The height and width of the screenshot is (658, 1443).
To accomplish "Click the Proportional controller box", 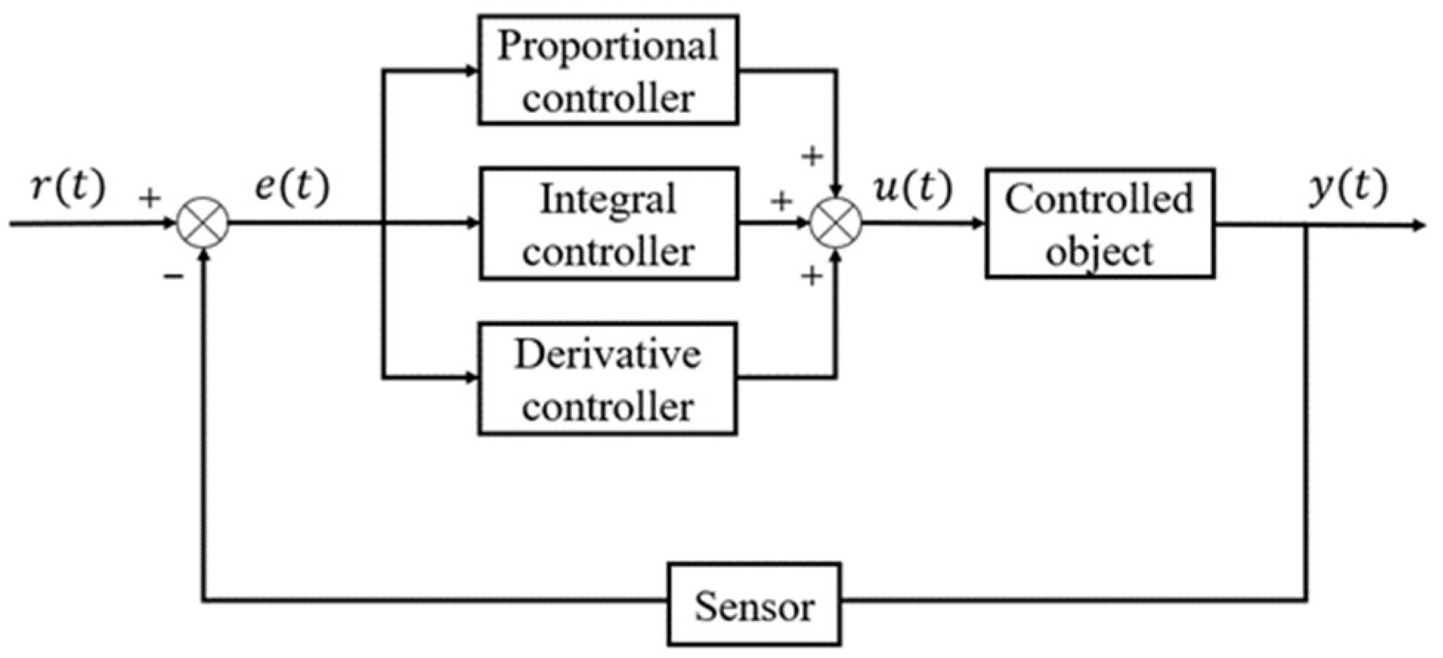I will pos(607,70).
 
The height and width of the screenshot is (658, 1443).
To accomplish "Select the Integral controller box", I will pos(608,224).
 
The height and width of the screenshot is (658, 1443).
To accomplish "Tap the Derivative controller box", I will pos(607,379).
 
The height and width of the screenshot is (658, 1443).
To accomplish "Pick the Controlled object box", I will pos(1099,224).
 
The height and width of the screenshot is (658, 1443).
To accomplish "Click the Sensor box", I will pos(754,604).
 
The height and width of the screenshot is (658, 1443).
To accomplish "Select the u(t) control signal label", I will pos(912,188).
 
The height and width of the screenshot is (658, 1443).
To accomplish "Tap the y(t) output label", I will pos(1348,188).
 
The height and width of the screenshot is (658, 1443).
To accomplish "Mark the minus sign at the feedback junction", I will pos(173,277).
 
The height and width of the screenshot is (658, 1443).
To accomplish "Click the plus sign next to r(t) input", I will pos(149,198).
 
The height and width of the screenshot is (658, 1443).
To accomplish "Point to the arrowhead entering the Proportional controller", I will pos(471,71).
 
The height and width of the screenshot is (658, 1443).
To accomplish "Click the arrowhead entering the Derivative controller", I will pos(471,378).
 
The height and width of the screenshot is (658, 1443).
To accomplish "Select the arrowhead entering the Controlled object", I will pos(978,224).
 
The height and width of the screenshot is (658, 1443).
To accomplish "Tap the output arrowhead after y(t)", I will pos(1417,225).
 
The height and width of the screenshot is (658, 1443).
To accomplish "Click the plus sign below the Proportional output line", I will pos(812,157).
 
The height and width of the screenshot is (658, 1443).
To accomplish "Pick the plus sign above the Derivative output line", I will pos(812,277).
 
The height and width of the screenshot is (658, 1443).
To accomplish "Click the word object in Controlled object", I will pos(1099,252).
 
